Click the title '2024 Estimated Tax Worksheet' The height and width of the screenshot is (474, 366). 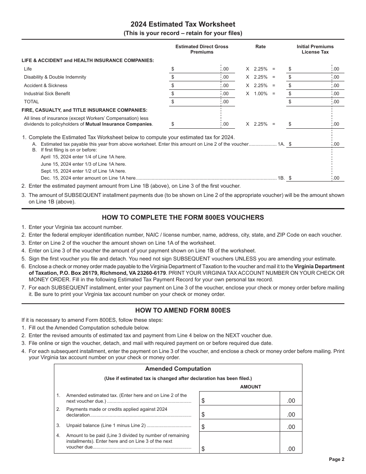183,24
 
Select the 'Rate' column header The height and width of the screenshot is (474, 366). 260,47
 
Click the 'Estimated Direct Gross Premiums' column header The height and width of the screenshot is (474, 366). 201,49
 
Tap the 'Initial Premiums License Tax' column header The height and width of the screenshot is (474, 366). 315,49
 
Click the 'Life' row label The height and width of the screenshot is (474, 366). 28,69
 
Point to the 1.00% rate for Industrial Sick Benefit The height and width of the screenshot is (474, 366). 260,94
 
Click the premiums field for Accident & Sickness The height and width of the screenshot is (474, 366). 196,86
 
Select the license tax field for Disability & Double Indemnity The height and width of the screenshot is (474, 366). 310,77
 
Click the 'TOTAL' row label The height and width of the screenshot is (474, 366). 31,102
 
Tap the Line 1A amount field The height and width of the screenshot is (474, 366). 310,144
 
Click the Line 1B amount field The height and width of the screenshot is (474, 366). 310,178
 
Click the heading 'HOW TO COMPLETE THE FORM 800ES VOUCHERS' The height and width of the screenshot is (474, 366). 183,217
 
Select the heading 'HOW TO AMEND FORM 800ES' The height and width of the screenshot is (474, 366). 183,310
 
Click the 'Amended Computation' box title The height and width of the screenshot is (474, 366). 178,369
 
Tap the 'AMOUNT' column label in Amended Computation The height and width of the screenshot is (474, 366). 250,387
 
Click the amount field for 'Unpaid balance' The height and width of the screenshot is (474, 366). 245,426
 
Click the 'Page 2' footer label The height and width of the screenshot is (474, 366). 336,459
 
